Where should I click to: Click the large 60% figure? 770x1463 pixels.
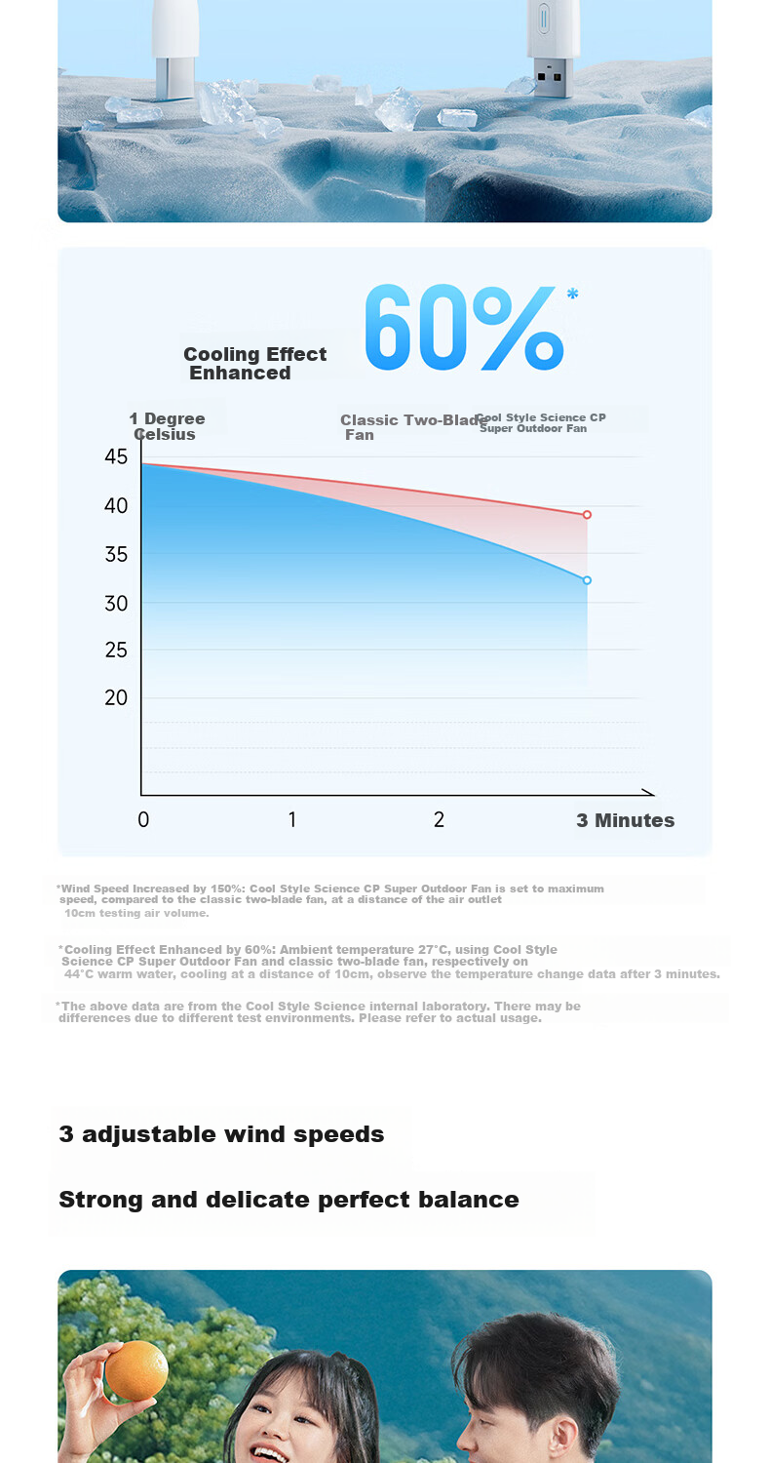click(x=464, y=327)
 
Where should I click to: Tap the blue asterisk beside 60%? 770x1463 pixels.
click(x=572, y=294)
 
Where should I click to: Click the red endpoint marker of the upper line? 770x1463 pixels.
click(x=587, y=515)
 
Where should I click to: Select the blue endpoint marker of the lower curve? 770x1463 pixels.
click(x=587, y=580)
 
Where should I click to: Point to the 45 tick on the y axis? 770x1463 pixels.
click(x=116, y=456)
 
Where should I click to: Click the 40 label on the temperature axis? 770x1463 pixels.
click(x=116, y=505)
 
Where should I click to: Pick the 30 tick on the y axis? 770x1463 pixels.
click(x=116, y=604)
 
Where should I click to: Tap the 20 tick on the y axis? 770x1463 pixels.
click(x=116, y=697)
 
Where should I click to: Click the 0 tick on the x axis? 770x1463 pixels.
click(x=143, y=819)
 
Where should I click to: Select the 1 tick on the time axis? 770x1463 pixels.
click(x=292, y=819)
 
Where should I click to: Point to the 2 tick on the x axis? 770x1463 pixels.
click(x=440, y=819)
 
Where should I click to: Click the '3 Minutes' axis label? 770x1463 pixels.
click(x=625, y=820)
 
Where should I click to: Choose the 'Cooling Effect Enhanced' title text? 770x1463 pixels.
click(x=254, y=363)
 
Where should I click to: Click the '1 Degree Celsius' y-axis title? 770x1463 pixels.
click(x=167, y=426)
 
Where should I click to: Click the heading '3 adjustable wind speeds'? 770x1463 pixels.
click(x=221, y=1134)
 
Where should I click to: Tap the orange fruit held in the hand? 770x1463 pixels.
click(x=136, y=1371)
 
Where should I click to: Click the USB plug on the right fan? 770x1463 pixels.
click(x=550, y=78)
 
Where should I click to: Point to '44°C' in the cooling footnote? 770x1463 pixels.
click(x=80, y=973)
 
